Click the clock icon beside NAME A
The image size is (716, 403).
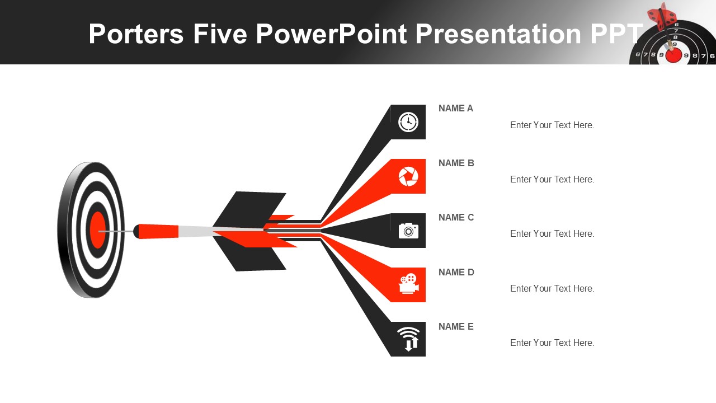pyautogui.click(x=408, y=122)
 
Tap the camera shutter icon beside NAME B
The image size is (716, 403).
pyautogui.click(x=408, y=176)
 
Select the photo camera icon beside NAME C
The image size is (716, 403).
pyautogui.click(x=408, y=231)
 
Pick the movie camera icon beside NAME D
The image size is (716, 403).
pyautogui.click(x=409, y=284)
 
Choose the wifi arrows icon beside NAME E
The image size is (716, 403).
pyautogui.click(x=408, y=339)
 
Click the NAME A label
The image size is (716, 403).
pyautogui.click(x=455, y=109)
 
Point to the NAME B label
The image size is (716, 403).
pyautogui.click(x=456, y=163)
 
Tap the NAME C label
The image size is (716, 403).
pyautogui.click(x=456, y=218)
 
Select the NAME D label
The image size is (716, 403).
pyautogui.click(x=456, y=272)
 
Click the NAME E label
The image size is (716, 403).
pyautogui.click(x=456, y=326)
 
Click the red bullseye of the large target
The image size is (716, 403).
pyautogui.click(x=97, y=229)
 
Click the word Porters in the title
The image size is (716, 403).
pyautogui.click(x=136, y=34)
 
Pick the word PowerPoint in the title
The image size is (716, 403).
pyautogui.click(x=331, y=34)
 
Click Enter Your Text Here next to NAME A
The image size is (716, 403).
pyautogui.click(x=552, y=125)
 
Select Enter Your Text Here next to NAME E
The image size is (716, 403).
pyautogui.click(x=552, y=343)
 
